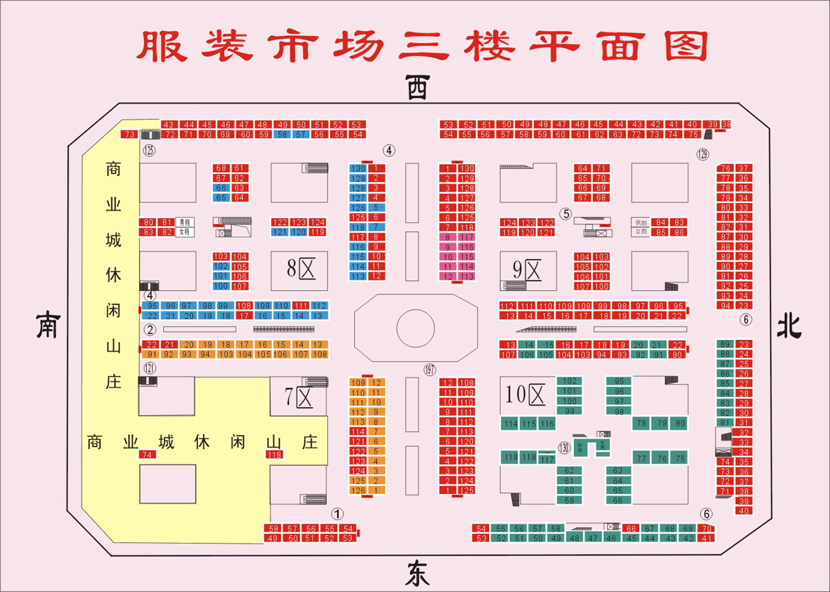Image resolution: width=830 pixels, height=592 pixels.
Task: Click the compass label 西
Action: click(x=416, y=88)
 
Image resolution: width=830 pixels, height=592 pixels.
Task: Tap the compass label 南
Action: click(x=47, y=325)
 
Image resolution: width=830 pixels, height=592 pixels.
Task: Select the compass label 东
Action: click(x=416, y=574)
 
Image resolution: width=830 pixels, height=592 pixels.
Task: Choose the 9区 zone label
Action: click(x=527, y=267)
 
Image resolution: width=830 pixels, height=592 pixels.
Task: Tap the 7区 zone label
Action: click(x=299, y=397)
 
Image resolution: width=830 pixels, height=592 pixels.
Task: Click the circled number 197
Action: click(x=430, y=370)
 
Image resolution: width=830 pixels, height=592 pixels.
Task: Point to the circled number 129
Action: click(x=703, y=153)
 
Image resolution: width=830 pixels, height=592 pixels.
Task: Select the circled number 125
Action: click(x=148, y=150)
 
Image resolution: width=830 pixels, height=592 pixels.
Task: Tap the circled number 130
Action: click(x=564, y=446)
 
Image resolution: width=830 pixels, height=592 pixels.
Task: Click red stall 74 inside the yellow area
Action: click(x=146, y=455)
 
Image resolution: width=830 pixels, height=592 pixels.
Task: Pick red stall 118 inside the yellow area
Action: click(x=275, y=455)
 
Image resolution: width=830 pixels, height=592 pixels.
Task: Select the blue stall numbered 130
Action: click(x=358, y=169)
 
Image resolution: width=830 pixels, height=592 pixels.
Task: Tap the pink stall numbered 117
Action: click(x=467, y=237)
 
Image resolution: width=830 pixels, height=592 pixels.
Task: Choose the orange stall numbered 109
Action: click(x=358, y=383)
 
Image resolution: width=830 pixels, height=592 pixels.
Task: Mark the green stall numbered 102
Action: click(x=569, y=381)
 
